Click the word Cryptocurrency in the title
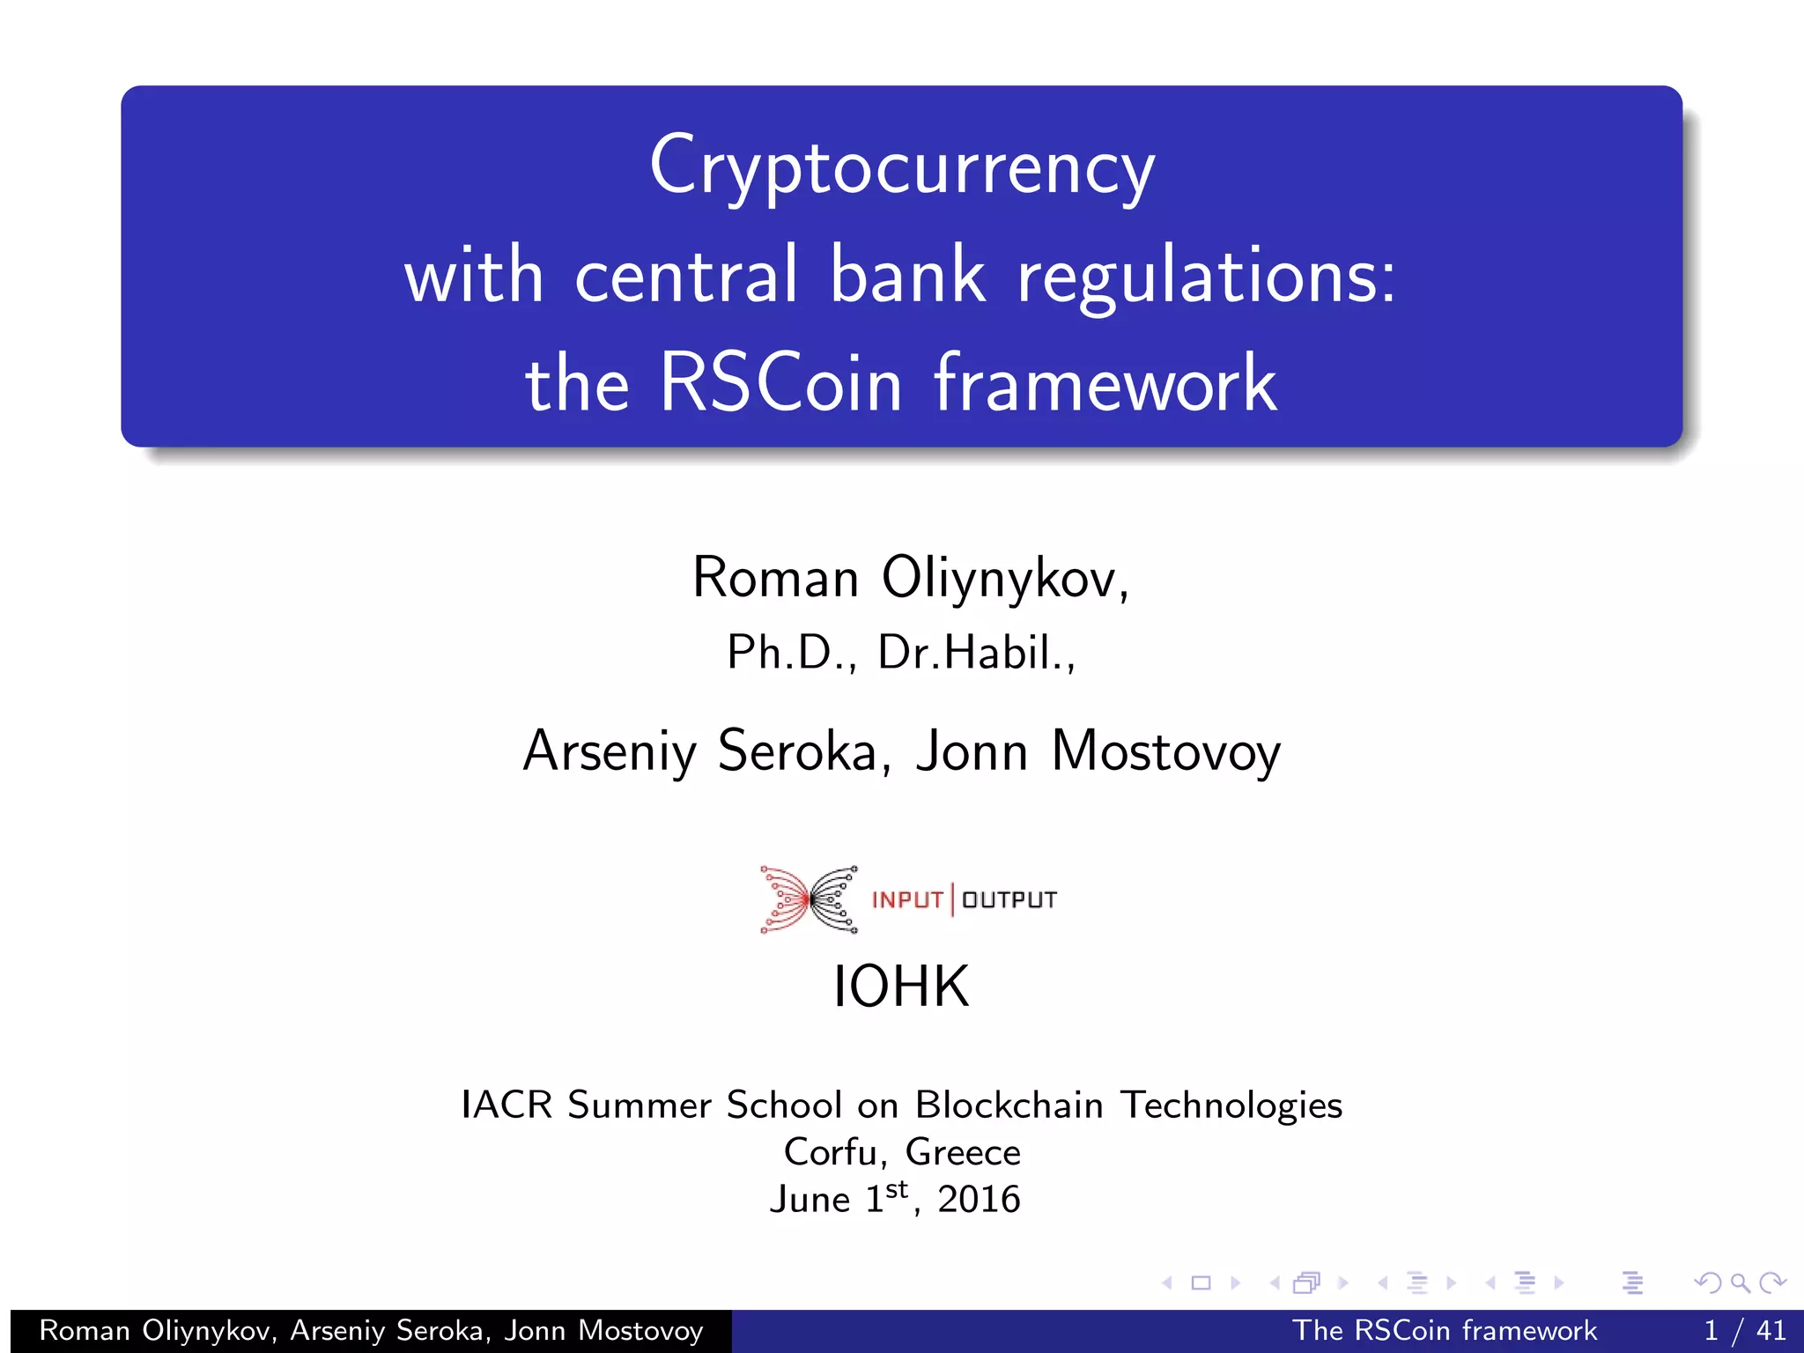point(902,167)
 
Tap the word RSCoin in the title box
point(780,383)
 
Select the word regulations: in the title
point(1207,276)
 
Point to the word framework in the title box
point(1105,383)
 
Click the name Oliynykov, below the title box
point(1005,579)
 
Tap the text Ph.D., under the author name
point(791,653)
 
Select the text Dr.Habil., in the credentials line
point(977,653)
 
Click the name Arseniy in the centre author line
point(610,751)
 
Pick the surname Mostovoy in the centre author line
point(1165,751)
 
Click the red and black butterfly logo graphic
point(809,899)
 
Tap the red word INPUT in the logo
point(907,900)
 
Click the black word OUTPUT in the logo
point(1009,900)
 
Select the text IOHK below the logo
point(901,986)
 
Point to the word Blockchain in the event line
point(1009,1105)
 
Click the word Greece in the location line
point(963,1152)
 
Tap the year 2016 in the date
point(979,1200)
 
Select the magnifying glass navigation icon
point(1740,1283)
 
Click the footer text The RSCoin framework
point(1444,1330)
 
